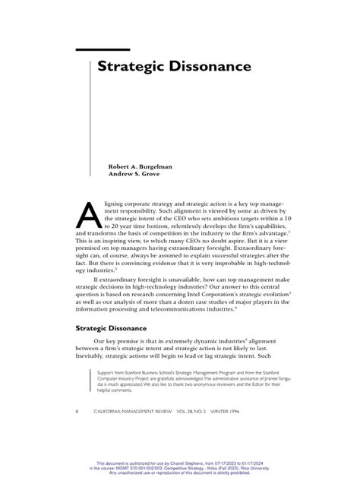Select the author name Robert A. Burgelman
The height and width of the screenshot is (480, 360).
[141, 164]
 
